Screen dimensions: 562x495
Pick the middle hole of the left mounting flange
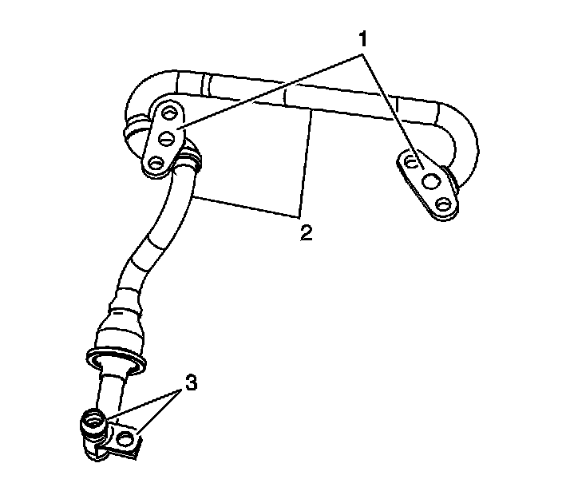(x=167, y=138)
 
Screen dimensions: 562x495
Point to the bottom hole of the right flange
(x=444, y=206)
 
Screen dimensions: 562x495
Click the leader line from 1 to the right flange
(x=391, y=104)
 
